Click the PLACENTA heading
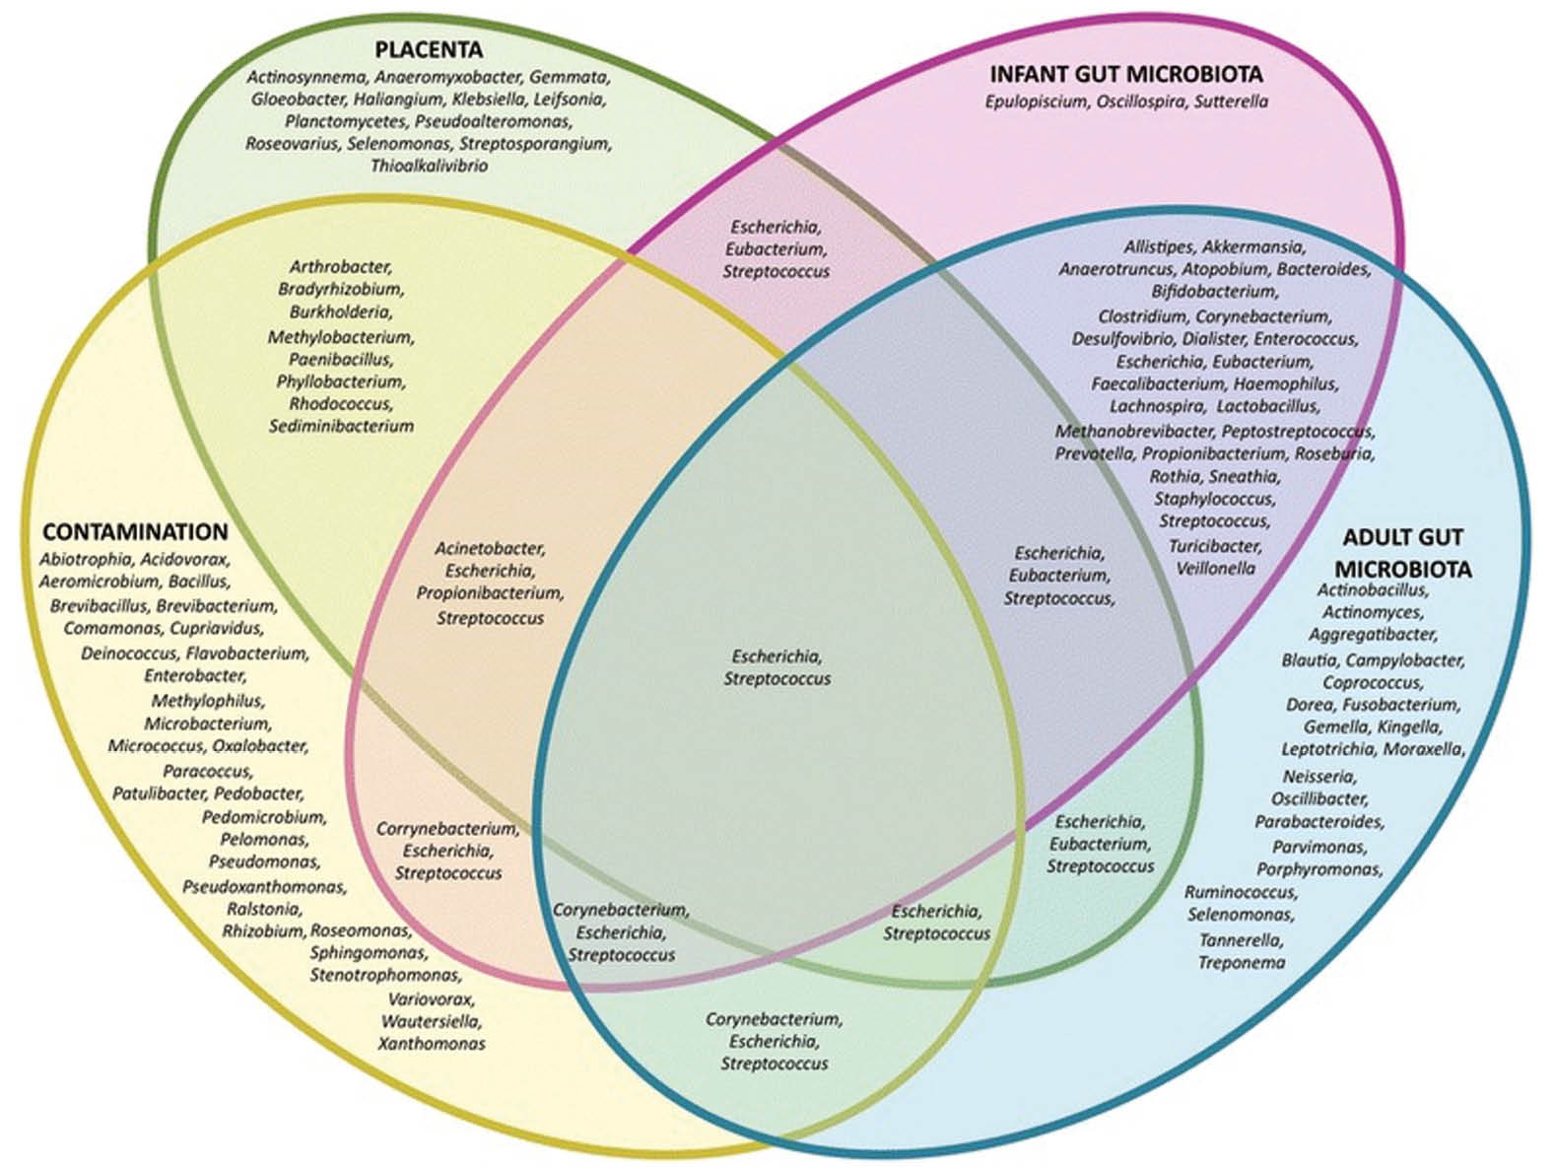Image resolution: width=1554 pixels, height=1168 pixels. pyautogui.click(x=429, y=49)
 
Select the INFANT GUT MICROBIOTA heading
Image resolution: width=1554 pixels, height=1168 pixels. pyautogui.click(x=1126, y=74)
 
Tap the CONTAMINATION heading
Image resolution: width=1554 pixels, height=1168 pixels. pyautogui.click(x=135, y=532)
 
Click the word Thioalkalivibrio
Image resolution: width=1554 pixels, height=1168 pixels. pyautogui.click(x=429, y=166)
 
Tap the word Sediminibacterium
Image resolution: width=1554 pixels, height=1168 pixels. pyautogui.click(x=341, y=426)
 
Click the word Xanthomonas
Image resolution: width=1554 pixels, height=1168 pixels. pyautogui.click(x=432, y=1043)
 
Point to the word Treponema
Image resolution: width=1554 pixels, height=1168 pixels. pyautogui.click(x=1241, y=962)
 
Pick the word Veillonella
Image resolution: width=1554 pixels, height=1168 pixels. pyautogui.click(x=1216, y=568)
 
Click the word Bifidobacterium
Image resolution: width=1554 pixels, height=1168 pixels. pyautogui.click(x=1214, y=291)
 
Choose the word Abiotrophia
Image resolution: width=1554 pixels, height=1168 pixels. pyautogui.click(x=85, y=559)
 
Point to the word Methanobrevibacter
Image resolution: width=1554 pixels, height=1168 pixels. pyautogui.click(x=1133, y=431)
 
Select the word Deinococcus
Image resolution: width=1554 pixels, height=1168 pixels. pyautogui.click(x=129, y=653)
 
